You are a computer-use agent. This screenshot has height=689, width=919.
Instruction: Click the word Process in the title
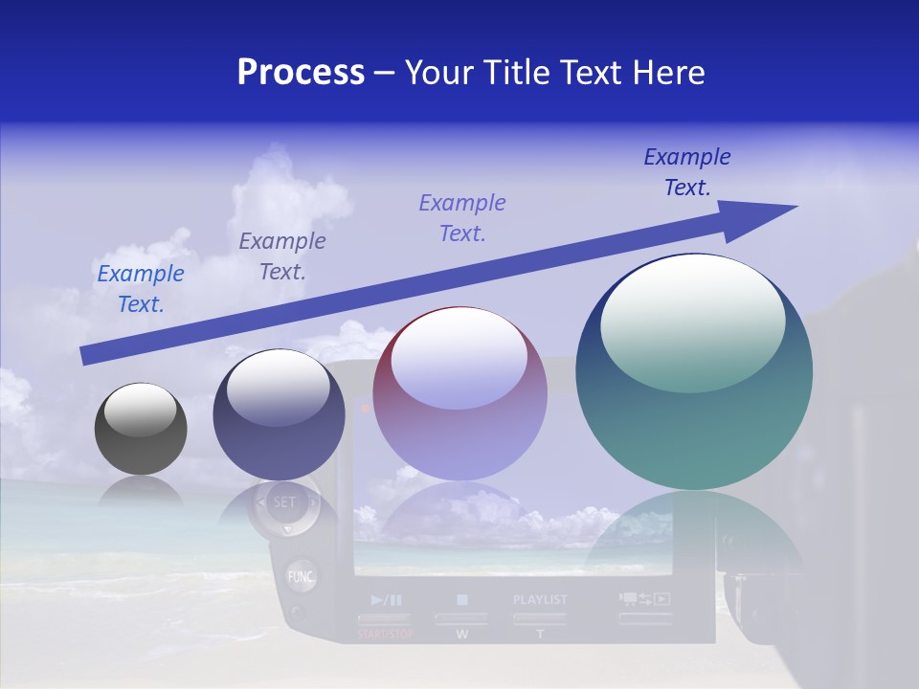coord(301,73)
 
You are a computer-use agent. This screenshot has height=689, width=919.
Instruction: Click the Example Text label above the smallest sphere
coord(141,289)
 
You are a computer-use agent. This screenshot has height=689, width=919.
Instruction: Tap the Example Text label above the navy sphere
coord(282,256)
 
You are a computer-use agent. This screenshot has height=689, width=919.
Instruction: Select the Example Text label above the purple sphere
coord(462,218)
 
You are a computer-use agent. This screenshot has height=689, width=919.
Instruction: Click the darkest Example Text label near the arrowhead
coord(687,172)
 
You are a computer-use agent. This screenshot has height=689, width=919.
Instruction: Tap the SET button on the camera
coord(284,501)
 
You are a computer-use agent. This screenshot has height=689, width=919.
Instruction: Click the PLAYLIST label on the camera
coord(540,600)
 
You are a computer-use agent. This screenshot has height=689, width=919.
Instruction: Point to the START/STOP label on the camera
coord(387,634)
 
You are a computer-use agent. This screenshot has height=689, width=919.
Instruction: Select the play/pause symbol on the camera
coord(387,600)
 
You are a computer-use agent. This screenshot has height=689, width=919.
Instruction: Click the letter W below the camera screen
coord(461,634)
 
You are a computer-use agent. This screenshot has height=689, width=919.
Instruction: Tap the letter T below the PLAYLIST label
coord(540,634)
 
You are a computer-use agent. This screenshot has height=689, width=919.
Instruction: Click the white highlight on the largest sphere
coord(692,316)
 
